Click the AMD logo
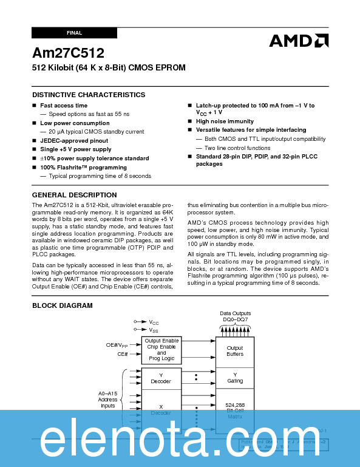[x=299, y=41]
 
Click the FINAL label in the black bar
[x=74, y=32]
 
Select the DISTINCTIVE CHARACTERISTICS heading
[x=89, y=95]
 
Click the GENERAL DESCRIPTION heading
[x=74, y=195]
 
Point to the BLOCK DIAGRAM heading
[x=63, y=305]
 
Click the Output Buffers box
[x=235, y=351]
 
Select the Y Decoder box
[x=161, y=378]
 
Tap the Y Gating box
[x=235, y=378]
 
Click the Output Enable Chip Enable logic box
[x=161, y=350]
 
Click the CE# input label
[x=123, y=353]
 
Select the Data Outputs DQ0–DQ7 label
[x=236, y=317]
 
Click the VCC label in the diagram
[x=154, y=322]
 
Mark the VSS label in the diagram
[x=154, y=330]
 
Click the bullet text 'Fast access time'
[x=64, y=106]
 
